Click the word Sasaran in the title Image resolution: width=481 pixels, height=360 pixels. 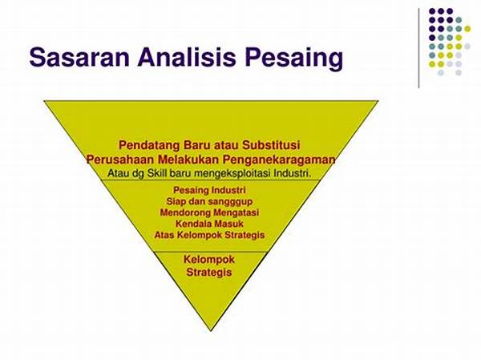79,57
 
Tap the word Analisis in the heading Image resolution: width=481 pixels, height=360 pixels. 187,57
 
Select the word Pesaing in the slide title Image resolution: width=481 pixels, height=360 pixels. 293,59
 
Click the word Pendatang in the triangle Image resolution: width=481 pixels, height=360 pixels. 149,145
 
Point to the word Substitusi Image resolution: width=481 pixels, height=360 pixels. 271,145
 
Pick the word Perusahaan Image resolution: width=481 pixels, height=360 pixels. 120,160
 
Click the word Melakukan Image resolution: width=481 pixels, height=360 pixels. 188,160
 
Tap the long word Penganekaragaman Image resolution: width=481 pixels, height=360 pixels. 279,160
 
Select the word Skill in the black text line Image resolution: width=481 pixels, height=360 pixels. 156,173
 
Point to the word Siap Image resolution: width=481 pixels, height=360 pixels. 176,201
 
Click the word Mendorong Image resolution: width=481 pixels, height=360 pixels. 186,212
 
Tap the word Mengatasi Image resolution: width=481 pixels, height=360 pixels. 236,213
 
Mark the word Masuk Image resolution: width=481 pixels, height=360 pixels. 228,224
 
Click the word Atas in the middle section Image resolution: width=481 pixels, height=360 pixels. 164,235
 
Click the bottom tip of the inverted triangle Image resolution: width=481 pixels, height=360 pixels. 211,331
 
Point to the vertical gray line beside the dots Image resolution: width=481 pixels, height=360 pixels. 419,48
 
